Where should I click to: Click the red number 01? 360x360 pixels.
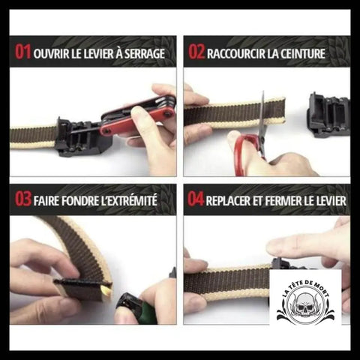coord(22,52)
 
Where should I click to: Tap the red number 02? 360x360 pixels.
coord(196,52)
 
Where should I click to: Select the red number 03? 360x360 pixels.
coord(23,199)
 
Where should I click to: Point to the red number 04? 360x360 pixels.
coord(196,199)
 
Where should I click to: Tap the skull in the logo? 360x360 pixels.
coord(305,305)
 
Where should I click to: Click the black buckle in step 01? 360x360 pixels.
coord(84,137)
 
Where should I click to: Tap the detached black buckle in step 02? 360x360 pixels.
coord(328,115)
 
